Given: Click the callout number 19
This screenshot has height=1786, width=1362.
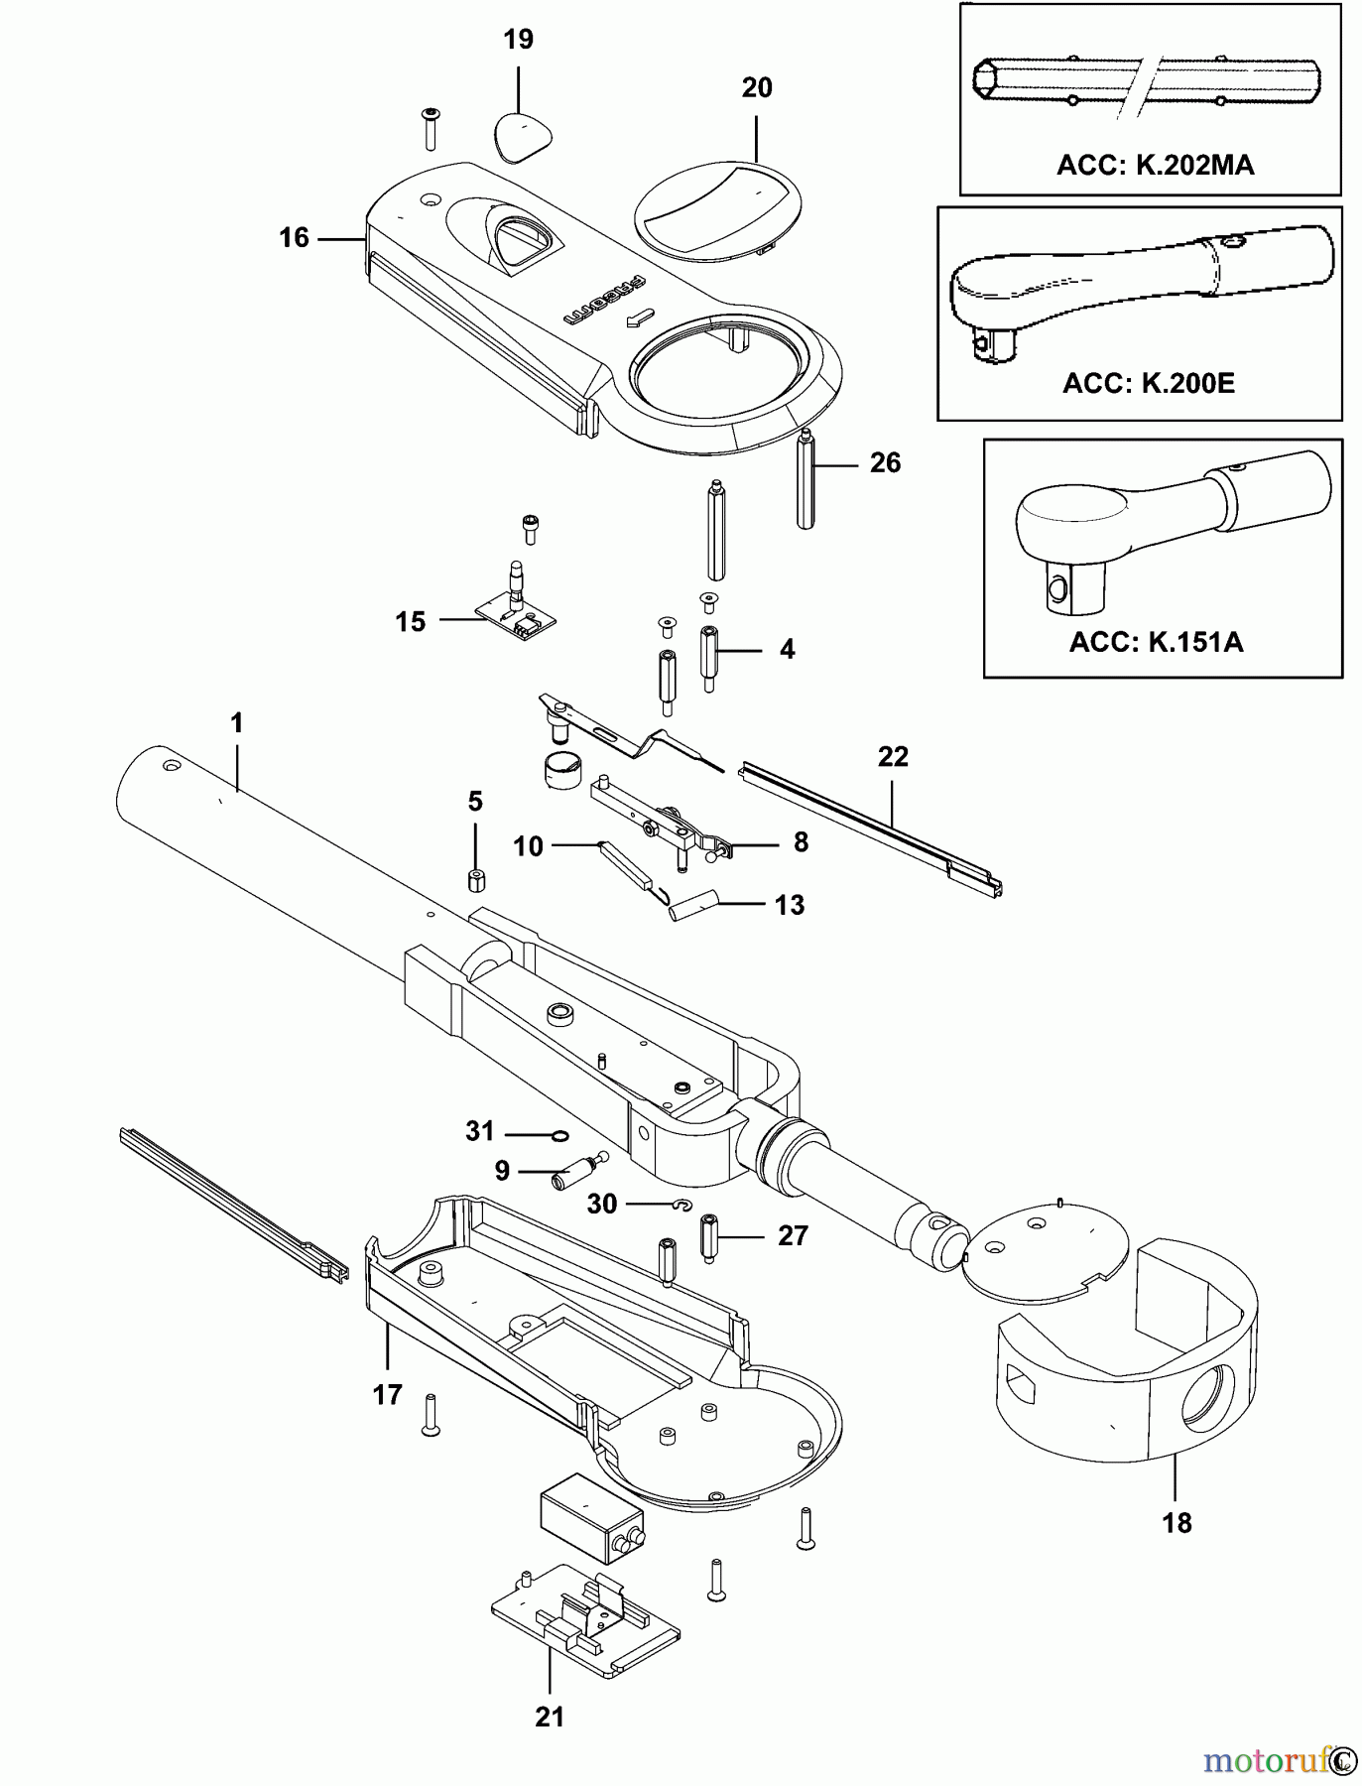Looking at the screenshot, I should click(x=518, y=40).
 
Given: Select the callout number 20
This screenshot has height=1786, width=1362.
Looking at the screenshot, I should click(x=757, y=88).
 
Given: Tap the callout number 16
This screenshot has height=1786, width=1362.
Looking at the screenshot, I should click(x=294, y=238).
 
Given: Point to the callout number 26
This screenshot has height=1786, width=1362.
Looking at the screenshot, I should click(x=885, y=462).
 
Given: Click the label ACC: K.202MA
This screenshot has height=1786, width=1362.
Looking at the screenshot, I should click(x=1155, y=165).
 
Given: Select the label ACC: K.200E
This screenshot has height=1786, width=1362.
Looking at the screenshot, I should click(x=1149, y=383).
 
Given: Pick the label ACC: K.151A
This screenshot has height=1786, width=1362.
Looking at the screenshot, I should click(x=1156, y=642).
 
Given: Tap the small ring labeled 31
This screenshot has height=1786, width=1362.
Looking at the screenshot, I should click(x=559, y=1135).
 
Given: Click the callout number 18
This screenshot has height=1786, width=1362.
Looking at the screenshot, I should click(x=1176, y=1523).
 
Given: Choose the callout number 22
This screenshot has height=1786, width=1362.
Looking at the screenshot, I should click(x=893, y=757).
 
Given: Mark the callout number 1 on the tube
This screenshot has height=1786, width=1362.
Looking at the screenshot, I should click(x=236, y=723).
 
